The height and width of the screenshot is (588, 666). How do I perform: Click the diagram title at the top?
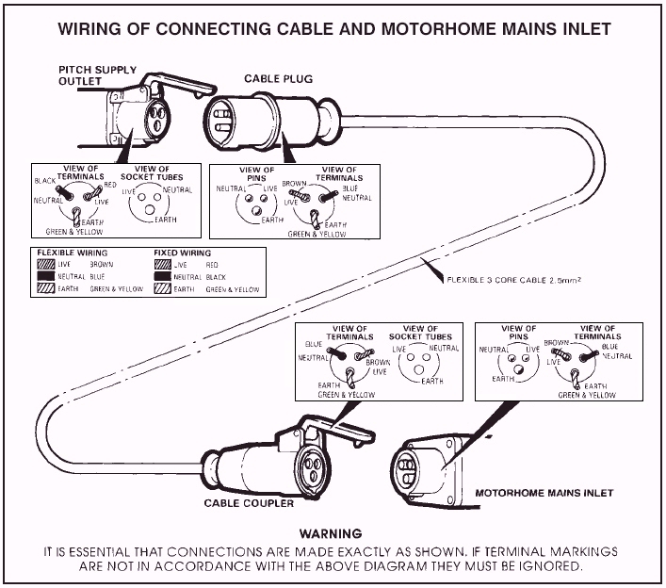(334, 28)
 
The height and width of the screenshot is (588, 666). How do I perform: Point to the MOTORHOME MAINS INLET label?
(544, 493)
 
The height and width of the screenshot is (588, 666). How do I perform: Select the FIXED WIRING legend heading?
(182, 253)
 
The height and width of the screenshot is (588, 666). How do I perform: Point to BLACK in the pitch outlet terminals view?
(45, 180)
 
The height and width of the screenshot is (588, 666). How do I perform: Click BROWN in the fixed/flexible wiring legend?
(102, 266)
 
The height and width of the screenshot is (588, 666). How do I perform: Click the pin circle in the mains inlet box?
(514, 361)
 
